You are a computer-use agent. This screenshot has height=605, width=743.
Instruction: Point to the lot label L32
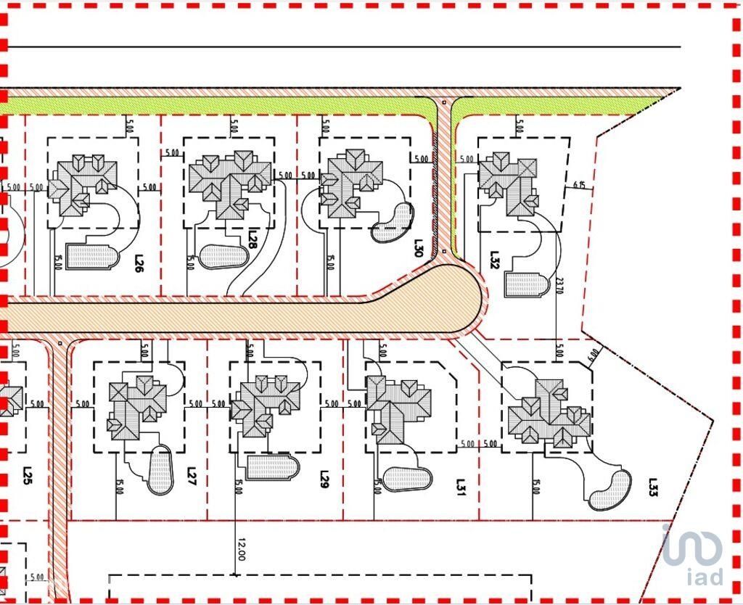click(x=495, y=259)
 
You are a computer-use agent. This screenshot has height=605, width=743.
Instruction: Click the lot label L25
click(x=27, y=476)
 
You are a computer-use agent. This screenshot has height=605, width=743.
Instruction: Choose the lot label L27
click(x=192, y=476)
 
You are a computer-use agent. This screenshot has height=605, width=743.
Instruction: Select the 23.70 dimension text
click(x=558, y=288)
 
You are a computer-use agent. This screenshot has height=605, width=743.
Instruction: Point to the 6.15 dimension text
click(x=579, y=186)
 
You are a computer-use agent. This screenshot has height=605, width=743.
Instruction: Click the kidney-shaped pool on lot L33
click(x=609, y=490)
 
